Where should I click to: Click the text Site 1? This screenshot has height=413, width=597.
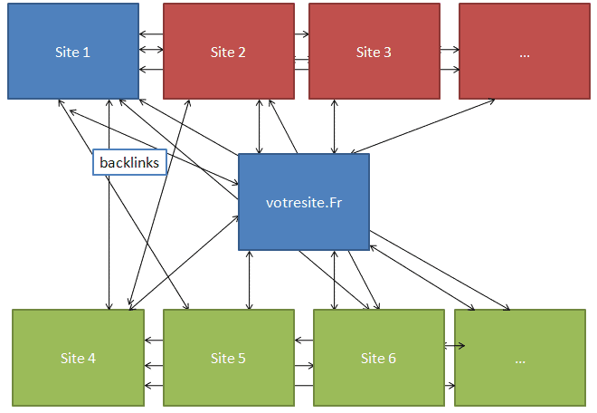[x=73, y=52]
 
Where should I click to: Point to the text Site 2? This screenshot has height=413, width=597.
[x=229, y=52]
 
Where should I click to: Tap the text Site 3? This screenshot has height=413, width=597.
[x=374, y=52]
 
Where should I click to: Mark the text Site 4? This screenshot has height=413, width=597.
[x=78, y=359]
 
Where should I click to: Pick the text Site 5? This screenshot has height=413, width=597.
[x=229, y=359]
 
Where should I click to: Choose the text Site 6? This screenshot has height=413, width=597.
[x=378, y=359]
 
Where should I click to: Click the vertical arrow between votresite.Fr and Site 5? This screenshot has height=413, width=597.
[x=250, y=280]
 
